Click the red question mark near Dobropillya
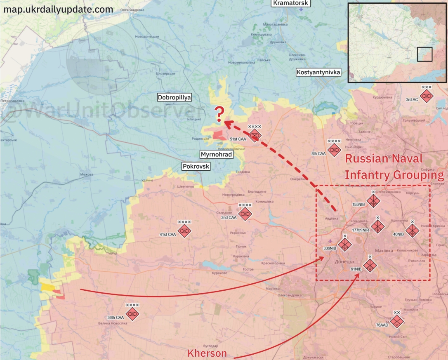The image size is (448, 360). tap(219, 114)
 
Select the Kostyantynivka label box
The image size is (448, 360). tap(318, 72)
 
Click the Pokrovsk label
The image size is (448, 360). tap(196, 166)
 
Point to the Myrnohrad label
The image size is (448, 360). tap(216, 155)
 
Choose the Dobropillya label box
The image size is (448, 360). tap(174, 97)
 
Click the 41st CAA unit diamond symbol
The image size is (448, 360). tap(184, 230)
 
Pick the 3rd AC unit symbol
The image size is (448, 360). tap(426, 96)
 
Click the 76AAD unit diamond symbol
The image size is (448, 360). tap(397, 320)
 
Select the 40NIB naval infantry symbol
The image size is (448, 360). tap(412, 230)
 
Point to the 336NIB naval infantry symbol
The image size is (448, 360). tap(345, 244)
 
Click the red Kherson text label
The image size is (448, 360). tap(207, 353)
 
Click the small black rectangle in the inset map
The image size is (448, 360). tap(424, 54)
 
